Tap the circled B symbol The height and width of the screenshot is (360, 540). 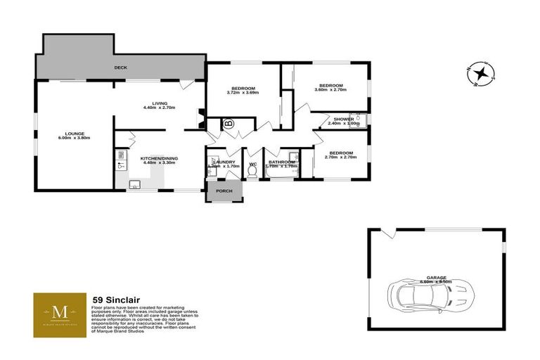pos(229,125)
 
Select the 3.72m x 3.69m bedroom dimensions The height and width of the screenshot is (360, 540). pos(243,93)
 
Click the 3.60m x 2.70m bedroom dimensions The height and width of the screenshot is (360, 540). pos(331,90)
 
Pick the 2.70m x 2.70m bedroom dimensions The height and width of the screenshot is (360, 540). pos(340,157)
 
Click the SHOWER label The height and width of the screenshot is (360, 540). pos(344,119)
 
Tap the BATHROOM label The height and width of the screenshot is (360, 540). pos(281,162)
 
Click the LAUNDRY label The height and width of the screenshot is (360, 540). pos(224,162)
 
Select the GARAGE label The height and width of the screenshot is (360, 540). pos(435,277)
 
